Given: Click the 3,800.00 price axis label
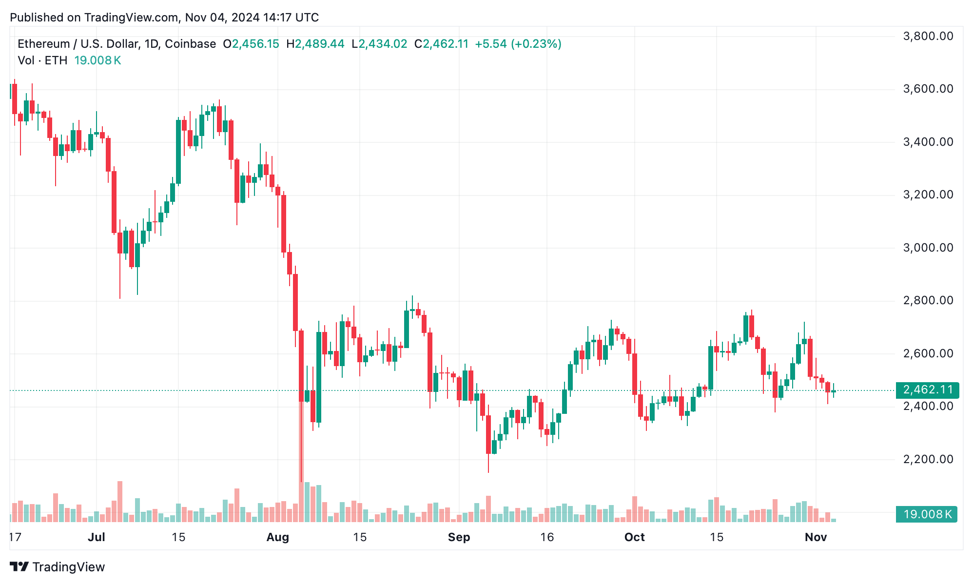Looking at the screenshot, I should coord(928,36).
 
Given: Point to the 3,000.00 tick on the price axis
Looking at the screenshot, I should coord(928,248).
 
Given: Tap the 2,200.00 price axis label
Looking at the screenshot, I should coord(928,459).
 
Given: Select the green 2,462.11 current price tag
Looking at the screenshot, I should coord(927,390).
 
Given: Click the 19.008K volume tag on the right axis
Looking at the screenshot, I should coord(927,514).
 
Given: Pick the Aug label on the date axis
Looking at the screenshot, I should coord(278,537).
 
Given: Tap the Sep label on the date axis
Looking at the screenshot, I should coord(459,537).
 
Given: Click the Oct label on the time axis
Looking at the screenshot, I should coord(634,537).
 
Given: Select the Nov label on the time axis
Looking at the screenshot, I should coord(816,537).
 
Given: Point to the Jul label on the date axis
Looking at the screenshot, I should coord(97,537).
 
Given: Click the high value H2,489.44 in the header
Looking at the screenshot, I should coord(315,44).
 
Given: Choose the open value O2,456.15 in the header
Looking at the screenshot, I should coord(251,44).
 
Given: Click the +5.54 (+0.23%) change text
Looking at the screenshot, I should coord(518,44).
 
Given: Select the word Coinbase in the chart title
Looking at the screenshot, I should coord(190,44).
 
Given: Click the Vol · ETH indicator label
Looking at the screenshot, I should coord(42,60).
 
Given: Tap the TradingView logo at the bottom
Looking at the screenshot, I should coord(58,567).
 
